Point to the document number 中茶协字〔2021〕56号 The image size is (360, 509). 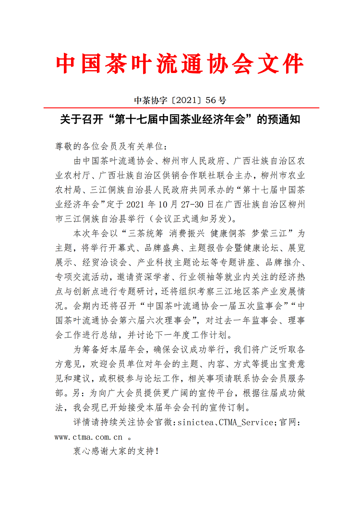coord(180,100)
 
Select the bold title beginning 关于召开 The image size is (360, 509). coord(180,120)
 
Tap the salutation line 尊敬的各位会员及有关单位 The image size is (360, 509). coord(110,146)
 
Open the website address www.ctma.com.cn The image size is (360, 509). coord(89,437)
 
